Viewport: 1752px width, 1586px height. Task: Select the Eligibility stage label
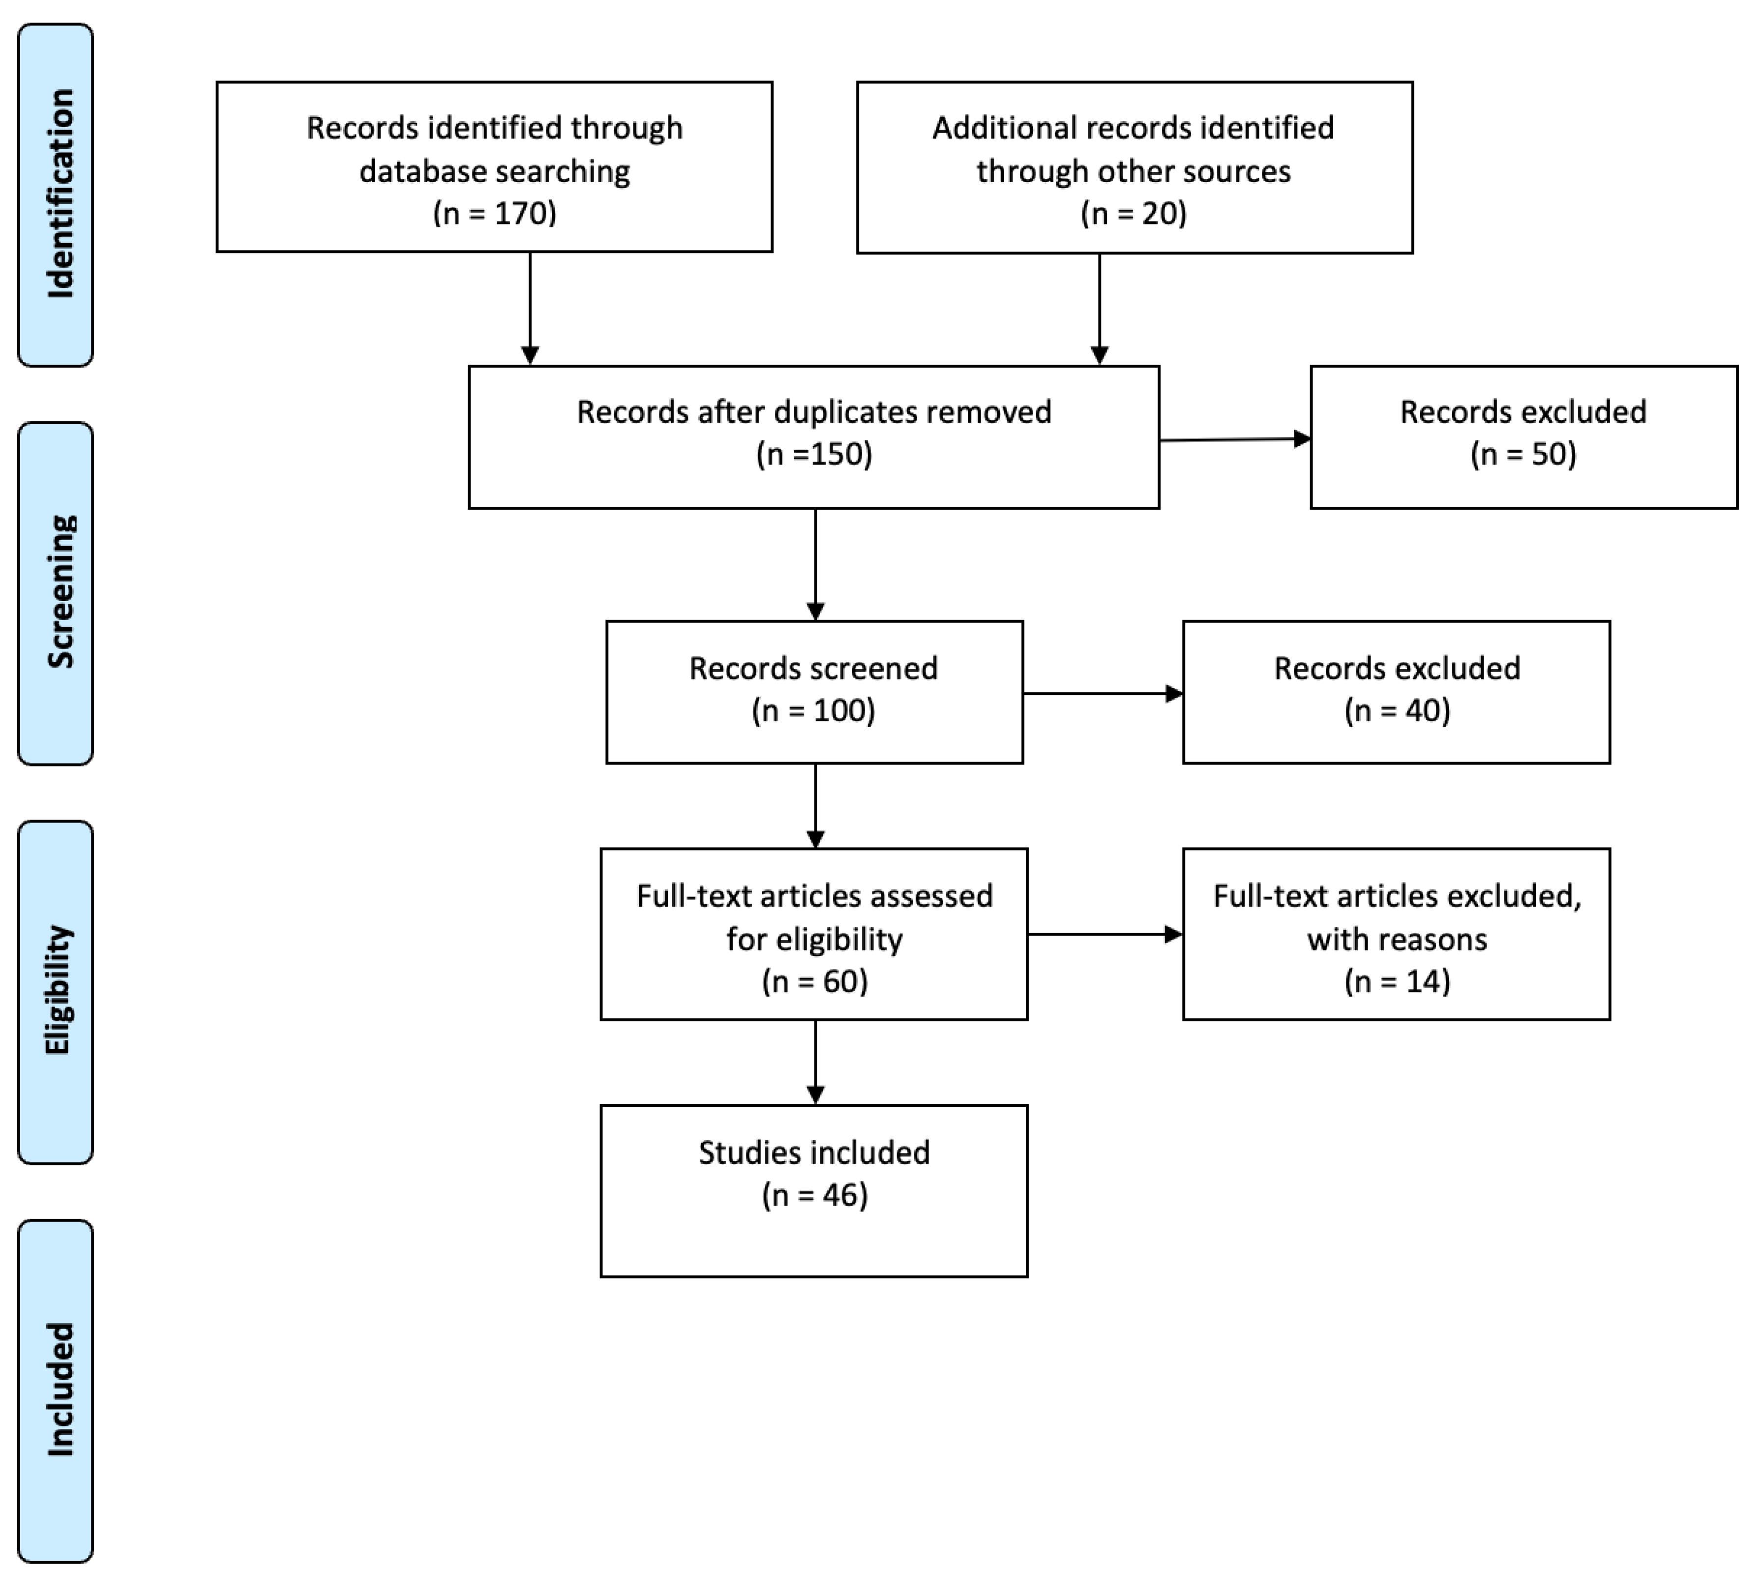point(57,991)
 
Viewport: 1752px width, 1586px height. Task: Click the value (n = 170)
point(494,213)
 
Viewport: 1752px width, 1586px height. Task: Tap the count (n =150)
point(814,454)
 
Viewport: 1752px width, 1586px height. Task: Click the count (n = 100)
point(814,710)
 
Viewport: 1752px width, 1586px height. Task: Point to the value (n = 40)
point(1396,710)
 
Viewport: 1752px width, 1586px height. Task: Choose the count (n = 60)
point(814,981)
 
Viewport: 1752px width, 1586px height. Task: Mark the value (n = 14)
point(1396,981)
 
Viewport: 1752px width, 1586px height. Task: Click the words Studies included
point(814,1152)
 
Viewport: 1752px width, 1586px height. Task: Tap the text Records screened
point(814,668)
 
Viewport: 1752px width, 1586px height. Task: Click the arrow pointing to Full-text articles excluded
point(1104,934)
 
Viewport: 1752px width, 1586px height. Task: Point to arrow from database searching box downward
point(530,308)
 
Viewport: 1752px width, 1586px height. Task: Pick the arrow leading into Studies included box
point(815,1062)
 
